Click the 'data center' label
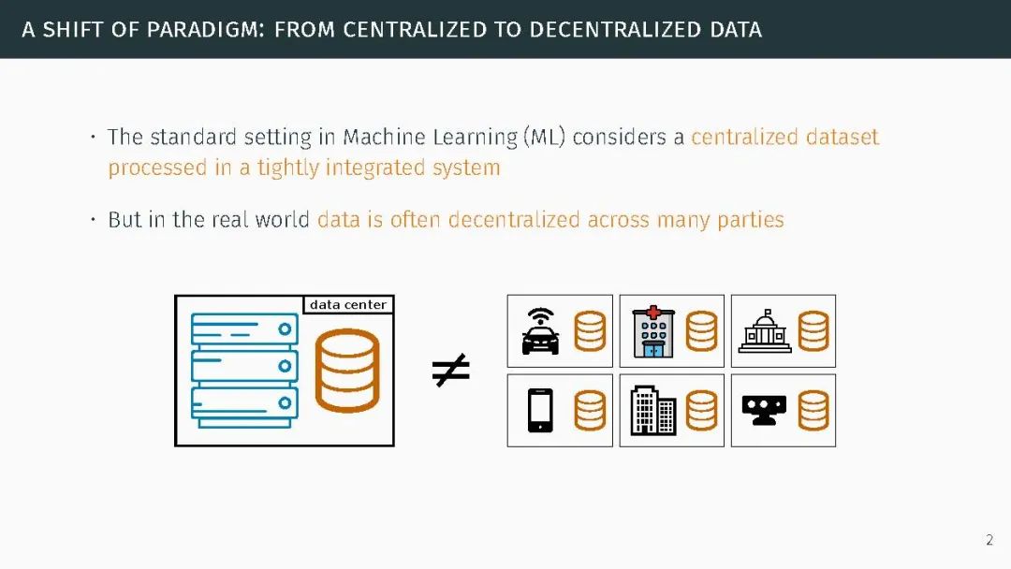(347, 305)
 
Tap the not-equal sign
(450, 371)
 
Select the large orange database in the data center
(347, 371)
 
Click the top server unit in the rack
(244, 329)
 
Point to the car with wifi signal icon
(540, 331)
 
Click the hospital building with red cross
(652, 331)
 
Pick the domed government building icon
(765, 332)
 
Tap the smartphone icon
(540, 410)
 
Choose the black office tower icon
(652, 410)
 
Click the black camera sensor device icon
(765, 410)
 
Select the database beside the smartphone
(590, 410)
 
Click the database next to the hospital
(701, 331)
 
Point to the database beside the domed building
(813, 331)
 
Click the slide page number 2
(989, 540)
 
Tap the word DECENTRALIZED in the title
(607, 29)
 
